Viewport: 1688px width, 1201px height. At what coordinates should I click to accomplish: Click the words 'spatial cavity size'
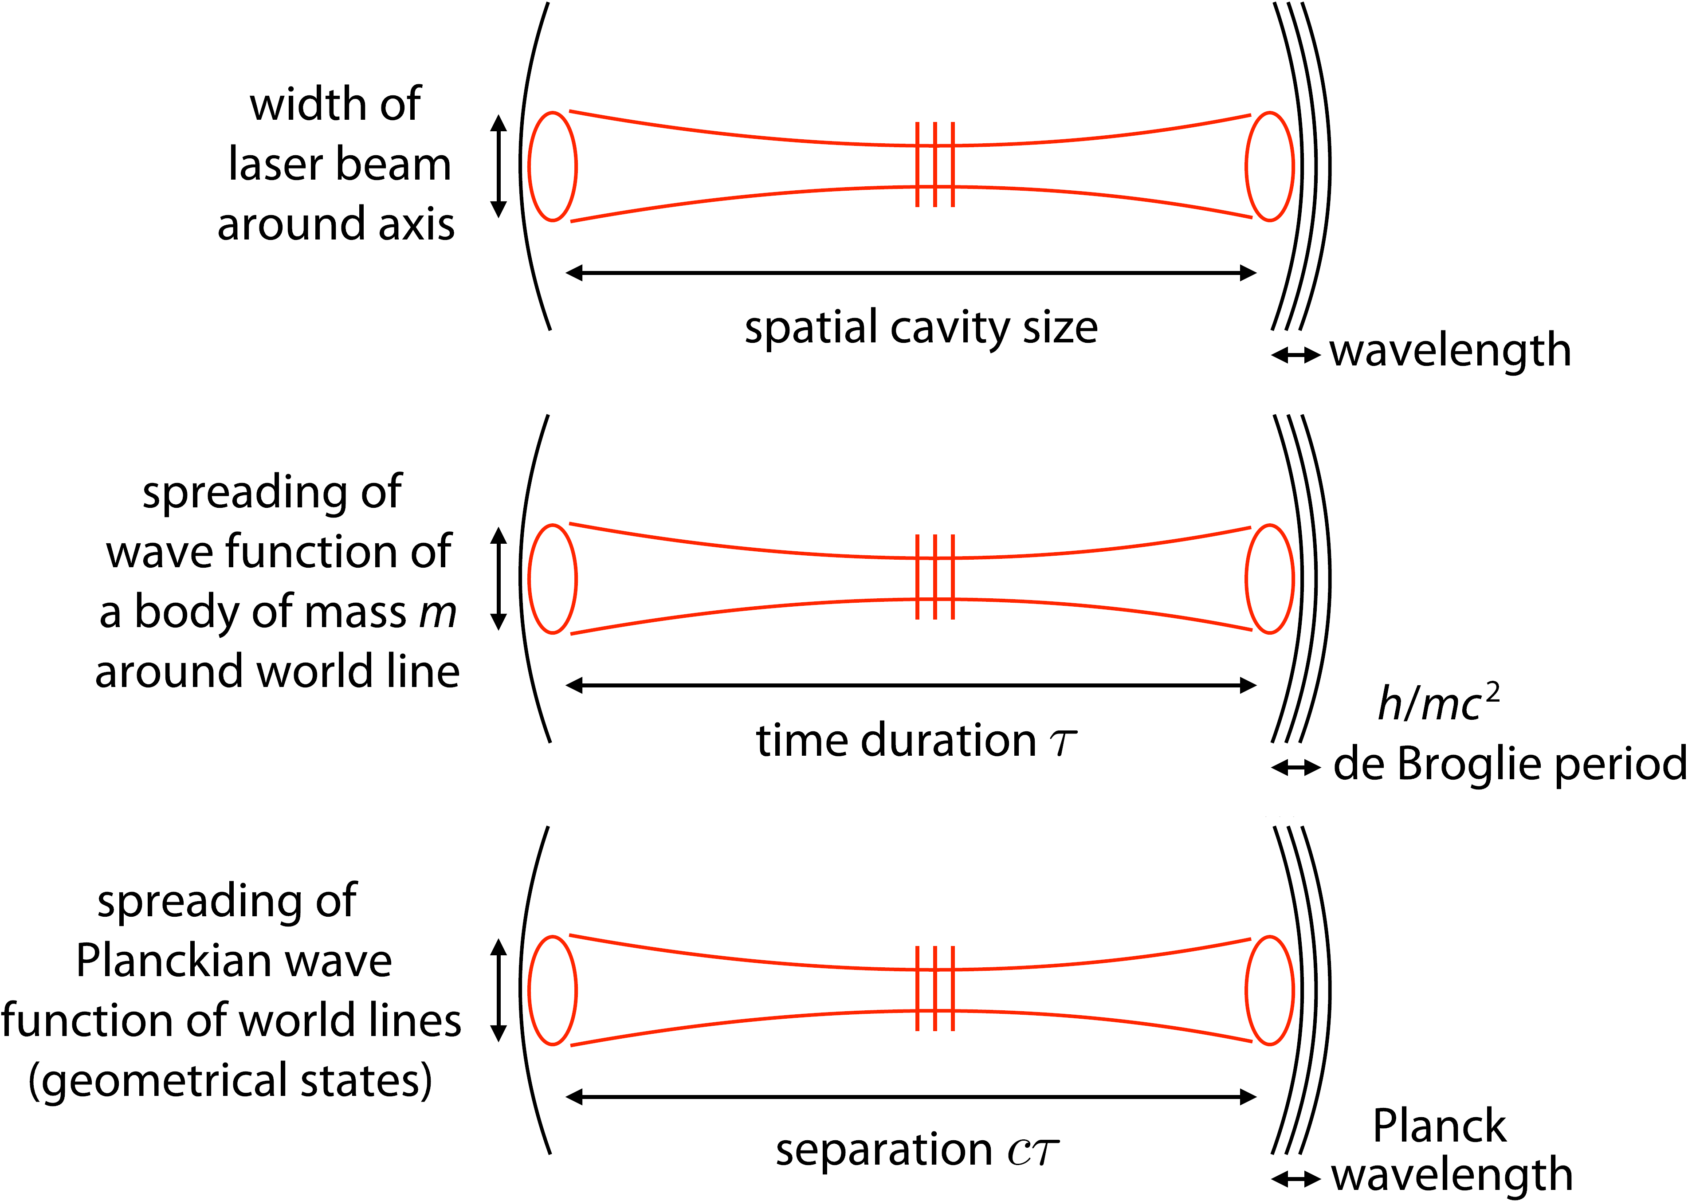(921, 328)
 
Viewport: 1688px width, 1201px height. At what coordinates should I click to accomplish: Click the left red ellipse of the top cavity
(552, 166)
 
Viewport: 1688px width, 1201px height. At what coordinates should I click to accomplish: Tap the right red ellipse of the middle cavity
(1269, 579)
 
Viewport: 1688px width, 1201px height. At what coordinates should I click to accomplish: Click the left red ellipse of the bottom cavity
(552, 990)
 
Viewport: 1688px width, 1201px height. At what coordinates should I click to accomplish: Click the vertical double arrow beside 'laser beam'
(499, 166)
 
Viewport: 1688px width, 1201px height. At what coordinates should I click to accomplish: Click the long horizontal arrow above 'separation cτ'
(911, 1097)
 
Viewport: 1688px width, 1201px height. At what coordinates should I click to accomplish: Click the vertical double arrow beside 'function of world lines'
(499, 990)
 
